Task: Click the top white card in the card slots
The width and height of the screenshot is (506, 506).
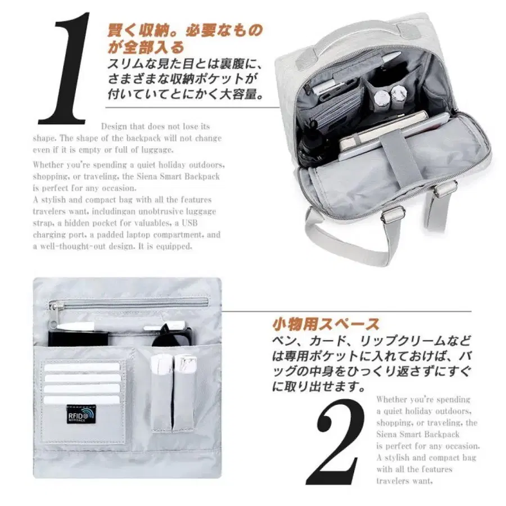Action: click(x=82, y=367)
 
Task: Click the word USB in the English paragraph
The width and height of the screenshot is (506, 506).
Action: click(x=189, y=223)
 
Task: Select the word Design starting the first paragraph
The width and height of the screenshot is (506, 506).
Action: click(x=114, y=126)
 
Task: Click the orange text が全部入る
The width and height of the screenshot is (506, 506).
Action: click(x=146, y=47)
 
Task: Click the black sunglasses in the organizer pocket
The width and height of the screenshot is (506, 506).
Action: click(x=174, y=336)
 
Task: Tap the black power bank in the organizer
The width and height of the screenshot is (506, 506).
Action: click(x=78, y=337)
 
